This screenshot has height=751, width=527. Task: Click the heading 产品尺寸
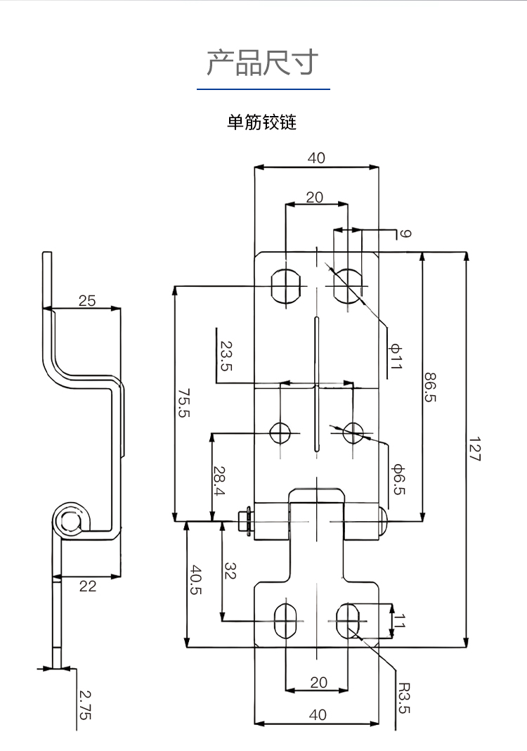263,63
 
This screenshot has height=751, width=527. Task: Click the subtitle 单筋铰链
262,122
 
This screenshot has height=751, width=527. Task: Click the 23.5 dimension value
226,356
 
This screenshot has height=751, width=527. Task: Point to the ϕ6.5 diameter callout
397,479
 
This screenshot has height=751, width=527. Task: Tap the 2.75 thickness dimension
85,705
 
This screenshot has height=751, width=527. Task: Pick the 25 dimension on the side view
87,301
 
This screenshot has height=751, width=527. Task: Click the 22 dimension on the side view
87,585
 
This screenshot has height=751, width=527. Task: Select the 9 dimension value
405,233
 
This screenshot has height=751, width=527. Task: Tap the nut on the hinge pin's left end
245,522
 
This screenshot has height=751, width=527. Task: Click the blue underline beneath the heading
263,89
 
